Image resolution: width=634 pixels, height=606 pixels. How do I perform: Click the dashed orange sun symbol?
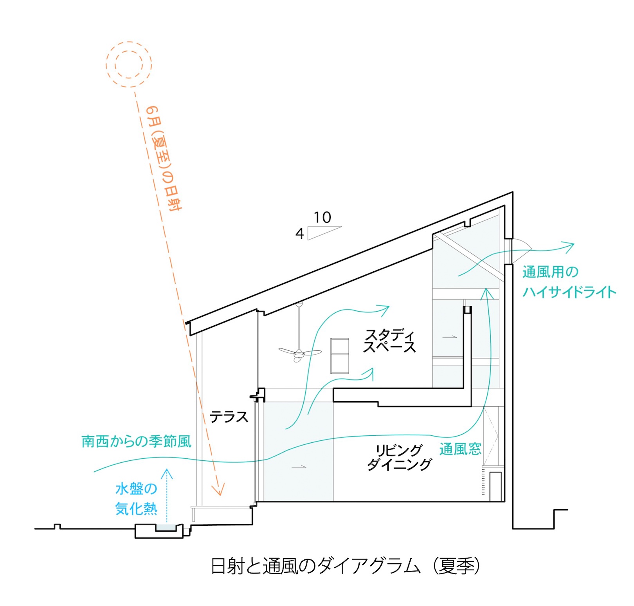(129, 64)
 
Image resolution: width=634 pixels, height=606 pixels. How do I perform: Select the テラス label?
(229, 417)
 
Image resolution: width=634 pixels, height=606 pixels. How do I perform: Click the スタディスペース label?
(389, 341)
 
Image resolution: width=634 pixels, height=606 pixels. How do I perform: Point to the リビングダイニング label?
(399, 457)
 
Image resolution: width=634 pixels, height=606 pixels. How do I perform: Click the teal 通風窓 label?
(460, 449)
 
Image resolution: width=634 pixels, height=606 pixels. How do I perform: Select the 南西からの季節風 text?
(136, 442)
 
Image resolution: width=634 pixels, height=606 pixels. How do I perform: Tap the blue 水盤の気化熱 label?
(136, 499)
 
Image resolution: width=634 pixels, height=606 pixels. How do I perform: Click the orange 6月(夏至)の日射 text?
(164, 159)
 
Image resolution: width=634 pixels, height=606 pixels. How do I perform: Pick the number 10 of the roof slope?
(322, 218)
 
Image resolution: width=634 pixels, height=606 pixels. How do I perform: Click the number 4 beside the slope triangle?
(299, 234)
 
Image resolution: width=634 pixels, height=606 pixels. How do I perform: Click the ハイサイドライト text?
(569, 292)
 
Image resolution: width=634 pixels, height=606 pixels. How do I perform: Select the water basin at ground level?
(166, 528)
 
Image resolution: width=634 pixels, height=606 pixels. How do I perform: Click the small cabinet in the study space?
(339, 355)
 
